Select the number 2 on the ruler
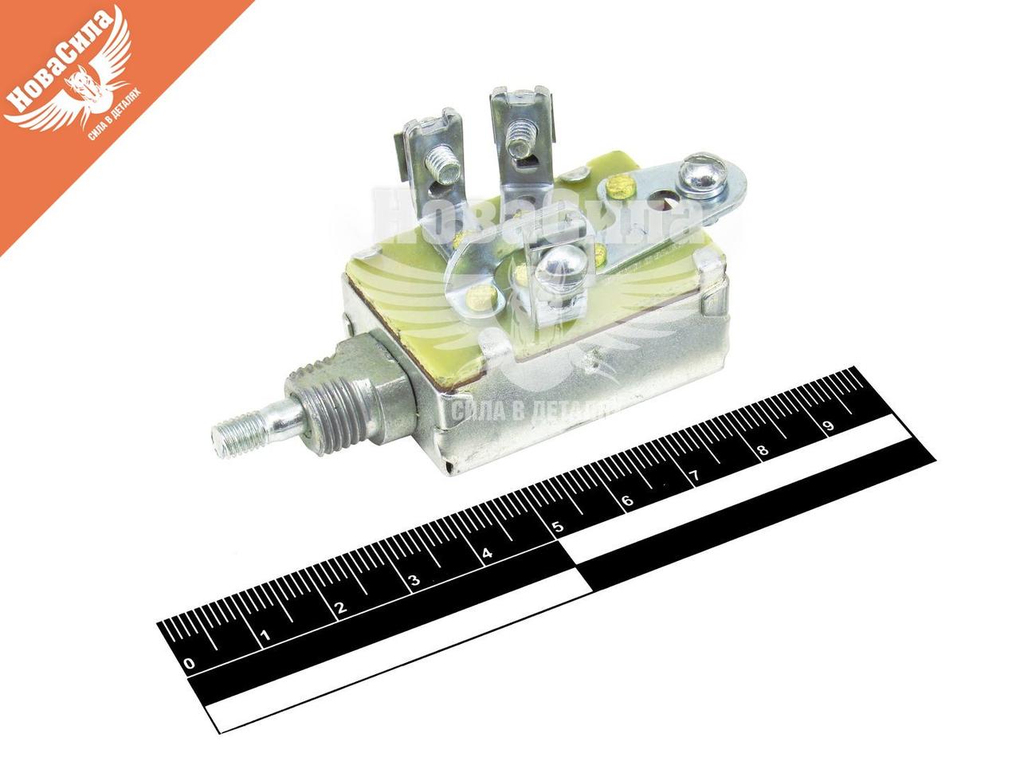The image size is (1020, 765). (340, 609)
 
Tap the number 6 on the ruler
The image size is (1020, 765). (626, 500)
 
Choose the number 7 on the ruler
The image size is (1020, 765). (694, 477)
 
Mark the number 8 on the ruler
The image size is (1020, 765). (762, 451)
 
